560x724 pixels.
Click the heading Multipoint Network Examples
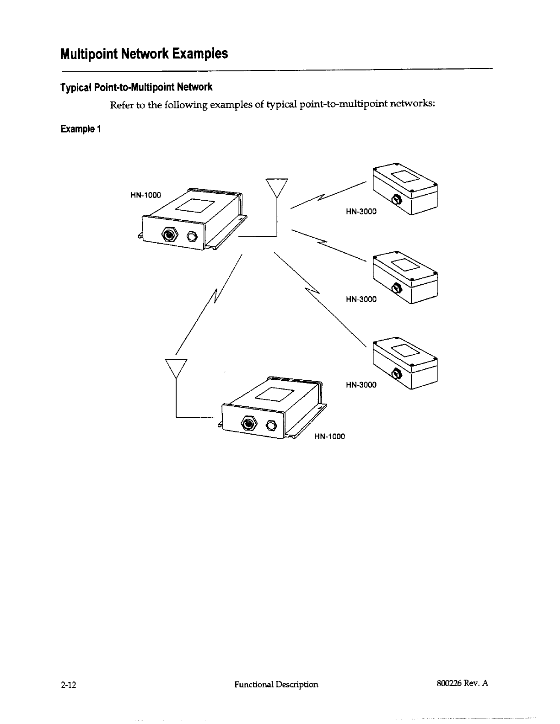144,54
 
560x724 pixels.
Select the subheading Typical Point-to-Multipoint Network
136,86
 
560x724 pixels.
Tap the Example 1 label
80,129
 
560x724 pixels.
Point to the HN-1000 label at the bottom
329,436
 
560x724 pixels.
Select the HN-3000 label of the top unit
361,211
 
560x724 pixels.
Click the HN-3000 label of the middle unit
361,299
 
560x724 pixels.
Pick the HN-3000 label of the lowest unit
361,384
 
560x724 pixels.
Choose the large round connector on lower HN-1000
249,424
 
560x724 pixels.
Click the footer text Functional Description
276,684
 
